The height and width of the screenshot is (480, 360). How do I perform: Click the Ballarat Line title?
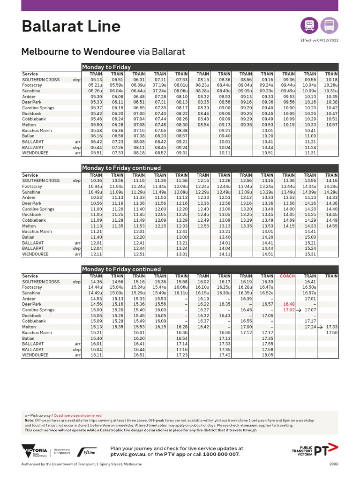click(71, 26)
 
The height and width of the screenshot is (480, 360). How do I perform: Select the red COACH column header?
click(287, 276)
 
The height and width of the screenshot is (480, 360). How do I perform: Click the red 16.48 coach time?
click(288, 304)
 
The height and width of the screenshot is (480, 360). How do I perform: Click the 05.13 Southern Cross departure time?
click(95, 80)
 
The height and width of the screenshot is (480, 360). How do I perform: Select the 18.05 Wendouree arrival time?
click(267, 355)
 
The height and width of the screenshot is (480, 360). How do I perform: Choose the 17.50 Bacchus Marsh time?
click(331, 332)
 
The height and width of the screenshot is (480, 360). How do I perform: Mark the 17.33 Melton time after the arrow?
click(331, 327)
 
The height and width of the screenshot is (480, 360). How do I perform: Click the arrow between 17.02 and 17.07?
click(299, 310)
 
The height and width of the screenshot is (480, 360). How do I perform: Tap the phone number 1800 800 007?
click(221, 454)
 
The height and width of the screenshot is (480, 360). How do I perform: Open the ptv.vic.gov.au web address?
click(129, 454)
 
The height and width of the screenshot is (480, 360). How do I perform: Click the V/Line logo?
click(88, 452)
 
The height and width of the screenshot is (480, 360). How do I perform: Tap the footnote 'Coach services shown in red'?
click(78, 415)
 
